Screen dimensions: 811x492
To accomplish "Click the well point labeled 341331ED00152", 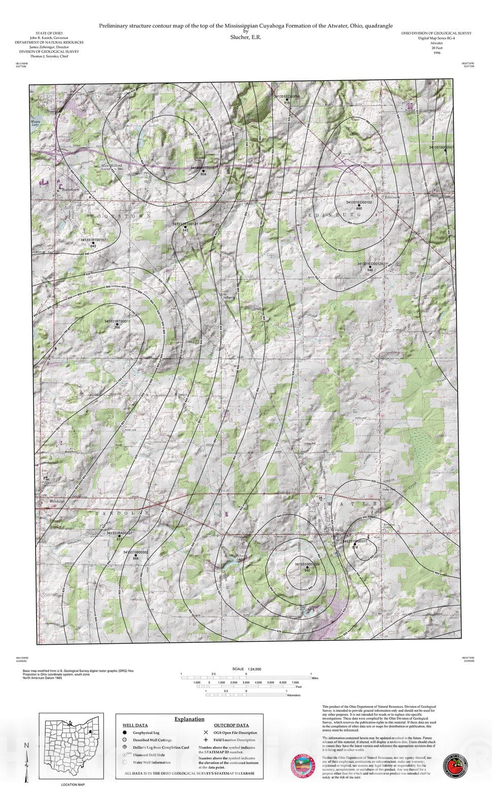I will tap(359, 205).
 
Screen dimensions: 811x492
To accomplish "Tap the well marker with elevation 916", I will tap(287, 99).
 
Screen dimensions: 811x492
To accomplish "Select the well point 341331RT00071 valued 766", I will tap(117, 324).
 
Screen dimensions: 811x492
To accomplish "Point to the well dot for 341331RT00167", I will tap(93, 243).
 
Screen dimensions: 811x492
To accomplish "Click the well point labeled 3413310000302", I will tap(135, 555).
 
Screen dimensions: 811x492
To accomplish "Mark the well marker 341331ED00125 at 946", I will tap(370, 267).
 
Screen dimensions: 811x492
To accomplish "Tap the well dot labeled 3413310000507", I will tap(446, 151).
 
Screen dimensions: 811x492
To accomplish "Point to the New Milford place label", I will tap(112, 166).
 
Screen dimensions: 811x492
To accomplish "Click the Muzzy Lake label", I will tap(34, 123).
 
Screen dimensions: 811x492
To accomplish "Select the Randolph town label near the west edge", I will tap(57, 501).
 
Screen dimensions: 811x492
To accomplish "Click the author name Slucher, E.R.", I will tap(245, 37).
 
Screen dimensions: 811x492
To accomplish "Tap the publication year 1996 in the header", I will tap(437, 52).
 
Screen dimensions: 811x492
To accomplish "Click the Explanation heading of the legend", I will tap(189, 719).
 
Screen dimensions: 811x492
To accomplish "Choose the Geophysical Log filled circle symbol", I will tap(124, 732).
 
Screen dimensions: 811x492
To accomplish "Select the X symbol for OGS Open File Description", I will tap(205, 732).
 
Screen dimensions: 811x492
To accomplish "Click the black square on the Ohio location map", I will tap(89, 731).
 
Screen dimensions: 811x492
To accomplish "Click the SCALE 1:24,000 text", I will tap(247, 669).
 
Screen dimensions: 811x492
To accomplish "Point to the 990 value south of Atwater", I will tap(307, 571).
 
